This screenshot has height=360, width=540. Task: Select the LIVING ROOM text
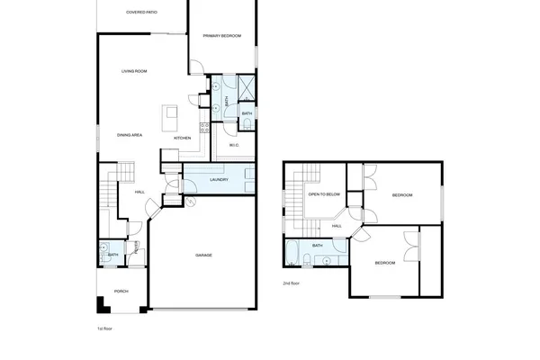point(135,71)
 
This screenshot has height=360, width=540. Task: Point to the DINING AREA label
point(130,135)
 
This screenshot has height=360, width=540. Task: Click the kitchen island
point(168,117)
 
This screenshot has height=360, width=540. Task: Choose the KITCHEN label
point(181,138)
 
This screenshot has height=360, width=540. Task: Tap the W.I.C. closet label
point(233,145)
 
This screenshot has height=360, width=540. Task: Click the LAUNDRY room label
point(219,180)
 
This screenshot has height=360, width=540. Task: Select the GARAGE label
point(203,256)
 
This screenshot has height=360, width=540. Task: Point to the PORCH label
point(121,291)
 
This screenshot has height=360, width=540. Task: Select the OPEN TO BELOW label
point(323,193)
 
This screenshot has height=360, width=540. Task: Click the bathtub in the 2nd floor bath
point(295,254)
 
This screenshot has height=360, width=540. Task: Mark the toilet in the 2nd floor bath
point(309,260)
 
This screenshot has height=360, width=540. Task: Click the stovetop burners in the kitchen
point(205,125)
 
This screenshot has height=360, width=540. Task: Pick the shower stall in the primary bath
point(246,87)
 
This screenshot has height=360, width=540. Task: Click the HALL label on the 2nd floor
point(336,226)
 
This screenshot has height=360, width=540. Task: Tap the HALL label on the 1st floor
point(139,192)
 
